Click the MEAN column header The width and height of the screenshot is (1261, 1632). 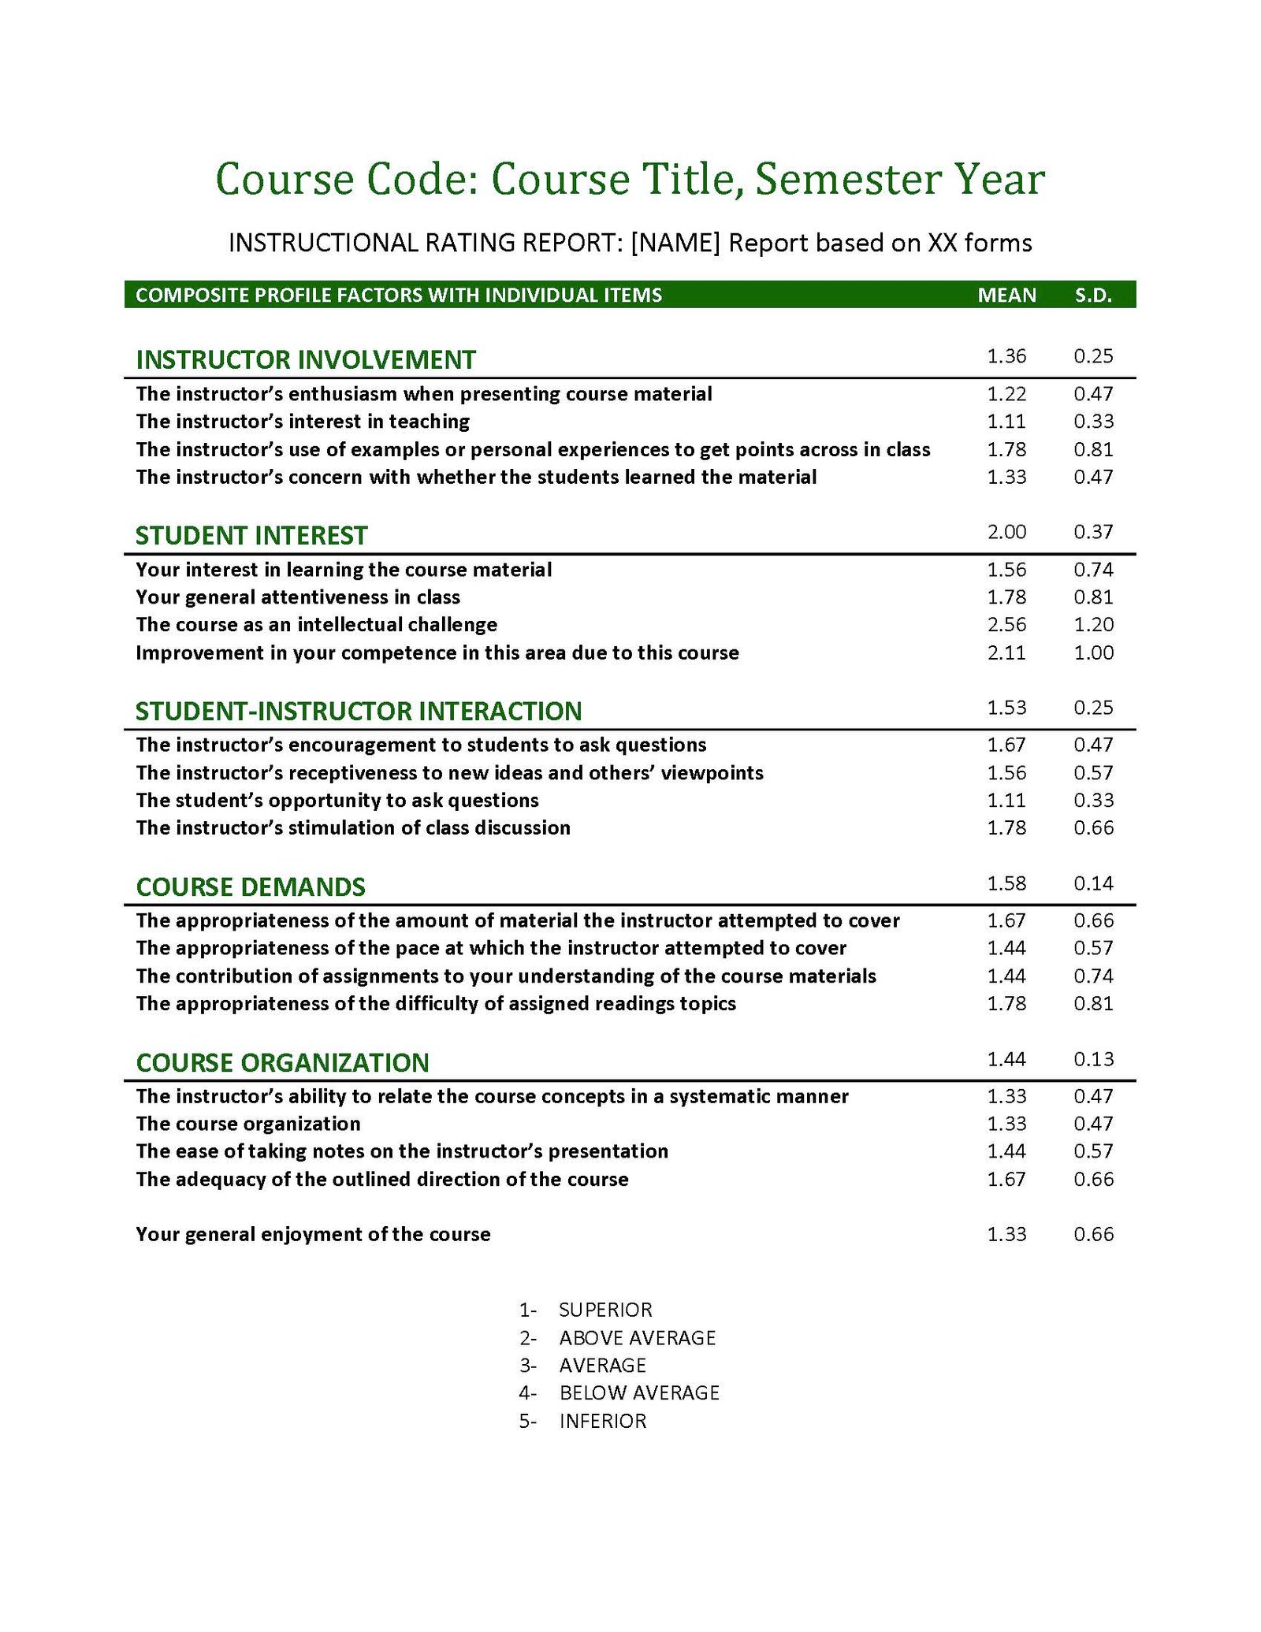coord(1006,295)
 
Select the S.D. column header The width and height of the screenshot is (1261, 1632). coord(1093,295)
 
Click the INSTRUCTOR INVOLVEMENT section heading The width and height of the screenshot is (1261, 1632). coord(306,359)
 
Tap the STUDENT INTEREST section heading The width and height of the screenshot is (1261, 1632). coord(251,535)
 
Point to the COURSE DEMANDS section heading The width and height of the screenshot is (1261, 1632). coord(251,887)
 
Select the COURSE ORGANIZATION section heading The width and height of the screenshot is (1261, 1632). coord(282,1062)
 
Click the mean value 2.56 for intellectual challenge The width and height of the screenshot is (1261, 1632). coord(1006,624)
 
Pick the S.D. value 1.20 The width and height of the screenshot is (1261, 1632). coord(1093,624)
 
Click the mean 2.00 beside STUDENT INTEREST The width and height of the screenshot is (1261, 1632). coord(1006,532)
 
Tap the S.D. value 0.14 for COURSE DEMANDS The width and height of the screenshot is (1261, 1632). coord(1093,883)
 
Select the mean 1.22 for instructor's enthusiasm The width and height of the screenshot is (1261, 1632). coord(1006,393)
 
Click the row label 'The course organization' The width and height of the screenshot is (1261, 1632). coord(248,1123)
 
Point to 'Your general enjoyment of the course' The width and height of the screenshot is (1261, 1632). coord(313,1234)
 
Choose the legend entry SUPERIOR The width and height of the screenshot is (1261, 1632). coord(605,1310)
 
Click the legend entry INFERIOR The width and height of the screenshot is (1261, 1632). coord(603,1421)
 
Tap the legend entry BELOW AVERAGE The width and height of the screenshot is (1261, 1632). coord(639,1392)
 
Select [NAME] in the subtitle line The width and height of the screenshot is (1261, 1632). coord(675,243)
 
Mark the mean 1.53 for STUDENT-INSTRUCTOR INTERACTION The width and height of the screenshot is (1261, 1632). coord(1006,708)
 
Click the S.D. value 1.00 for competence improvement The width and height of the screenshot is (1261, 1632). coord(1093,652)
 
